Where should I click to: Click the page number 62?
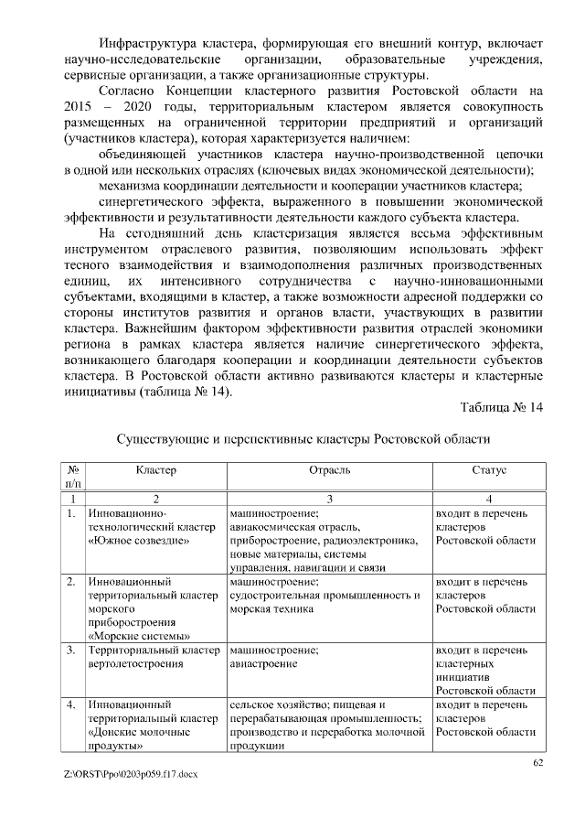538,762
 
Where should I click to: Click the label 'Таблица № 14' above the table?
502,407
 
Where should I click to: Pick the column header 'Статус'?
489,469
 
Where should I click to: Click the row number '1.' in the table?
71,514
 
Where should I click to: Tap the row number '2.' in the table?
71,582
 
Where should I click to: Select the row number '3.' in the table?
71,651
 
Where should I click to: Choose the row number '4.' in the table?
71,705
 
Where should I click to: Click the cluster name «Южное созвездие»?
138,541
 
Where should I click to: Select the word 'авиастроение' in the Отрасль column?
263,664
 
